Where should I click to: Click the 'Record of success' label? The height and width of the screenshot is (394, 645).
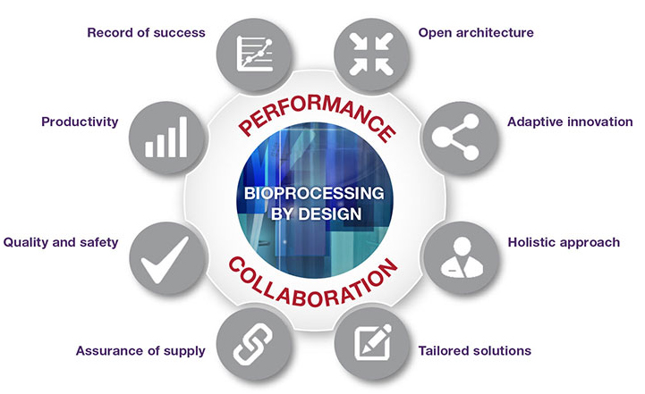click(x=146, y=33)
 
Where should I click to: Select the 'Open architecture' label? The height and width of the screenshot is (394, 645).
click(x=476, y=33)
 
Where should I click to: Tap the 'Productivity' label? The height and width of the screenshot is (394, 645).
click(x=81, y=122)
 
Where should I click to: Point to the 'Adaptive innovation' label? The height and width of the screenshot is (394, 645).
click(x=570, y=122)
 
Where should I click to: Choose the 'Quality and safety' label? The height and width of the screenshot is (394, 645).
click(x=61, y=242)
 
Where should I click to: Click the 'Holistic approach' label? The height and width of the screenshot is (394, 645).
click(x=564, y=242)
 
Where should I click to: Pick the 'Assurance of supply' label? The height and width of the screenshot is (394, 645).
click(x=141, y=350)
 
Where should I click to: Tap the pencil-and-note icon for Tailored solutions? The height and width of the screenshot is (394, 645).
click(x=369, y=341)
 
